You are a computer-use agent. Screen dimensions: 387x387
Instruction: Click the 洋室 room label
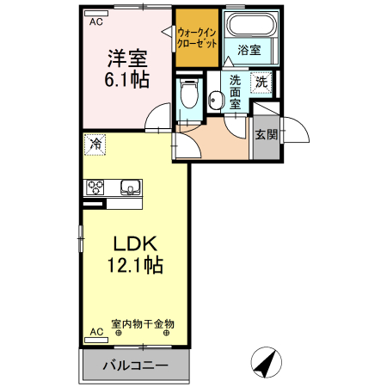click(128, 59)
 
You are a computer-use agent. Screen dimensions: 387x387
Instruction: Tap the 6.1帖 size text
click(128, 81)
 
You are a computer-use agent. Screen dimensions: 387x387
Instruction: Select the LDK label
click(130, 243)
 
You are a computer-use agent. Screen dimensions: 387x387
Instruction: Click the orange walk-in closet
click(196, 40)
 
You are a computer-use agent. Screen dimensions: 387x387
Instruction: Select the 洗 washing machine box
click(261, 83)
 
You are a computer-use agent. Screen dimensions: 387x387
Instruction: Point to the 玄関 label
click(266, 135)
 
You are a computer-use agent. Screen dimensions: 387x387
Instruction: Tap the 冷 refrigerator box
click(95, 143)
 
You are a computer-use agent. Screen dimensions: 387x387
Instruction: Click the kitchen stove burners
click(95, 187)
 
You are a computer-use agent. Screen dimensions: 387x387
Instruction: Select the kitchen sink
click(130, 187)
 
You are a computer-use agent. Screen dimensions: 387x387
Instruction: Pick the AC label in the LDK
click(95, 331)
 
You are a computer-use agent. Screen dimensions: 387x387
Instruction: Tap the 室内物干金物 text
click(143, 324)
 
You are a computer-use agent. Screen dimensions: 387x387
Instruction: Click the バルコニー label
click(135, 366)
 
